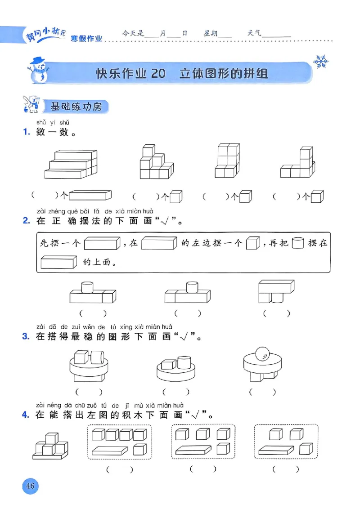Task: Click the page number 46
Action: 31,486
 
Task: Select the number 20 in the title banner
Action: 158,73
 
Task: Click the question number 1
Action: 26,133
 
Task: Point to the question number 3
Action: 26,337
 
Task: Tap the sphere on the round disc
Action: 261,353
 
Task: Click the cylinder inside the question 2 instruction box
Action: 298,243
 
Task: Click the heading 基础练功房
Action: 76,107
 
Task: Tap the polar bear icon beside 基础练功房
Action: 31,104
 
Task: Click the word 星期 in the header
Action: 211,33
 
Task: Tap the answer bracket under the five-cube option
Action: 120,470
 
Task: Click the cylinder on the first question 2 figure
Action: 87,286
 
